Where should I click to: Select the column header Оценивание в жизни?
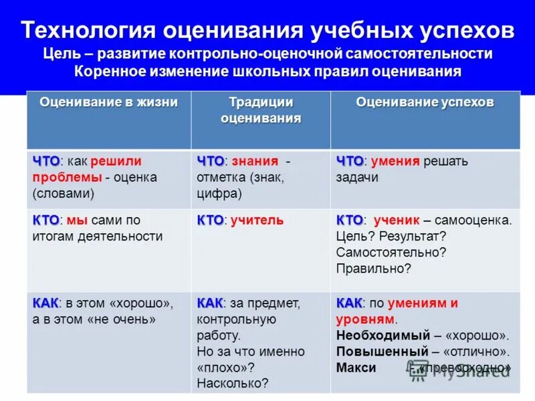click(x=108, y=102)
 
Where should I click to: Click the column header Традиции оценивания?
click(x=260, y=110)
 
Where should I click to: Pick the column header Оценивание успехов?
click(x=425, y=102)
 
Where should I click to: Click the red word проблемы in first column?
click(x=67, y=177)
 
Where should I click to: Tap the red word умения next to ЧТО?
click(x=395, y=161)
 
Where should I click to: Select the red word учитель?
click(x=257, y=220)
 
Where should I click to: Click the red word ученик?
click(x=396, y=220)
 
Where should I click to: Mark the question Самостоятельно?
click(x=391, y=253)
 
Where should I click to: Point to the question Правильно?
click(x=373, y=269)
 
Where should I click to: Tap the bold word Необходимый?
click(x=381, y=336)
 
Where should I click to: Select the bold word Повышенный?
click(x=382, y=352)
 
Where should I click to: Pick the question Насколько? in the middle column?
click(x=232, y=384)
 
